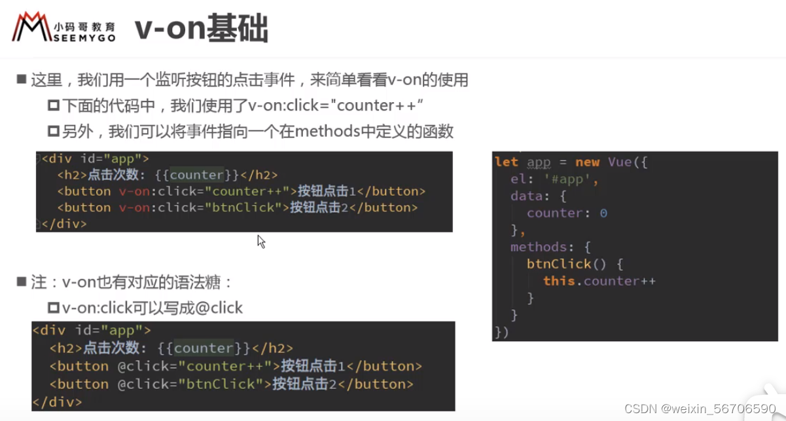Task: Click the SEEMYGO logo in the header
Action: [63, 27]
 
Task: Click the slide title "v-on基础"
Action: [201, 29]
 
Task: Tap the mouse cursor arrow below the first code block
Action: [260, 241]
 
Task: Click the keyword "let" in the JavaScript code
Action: [506, 162]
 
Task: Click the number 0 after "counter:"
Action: [603, 213]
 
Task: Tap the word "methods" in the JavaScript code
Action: [539, 247]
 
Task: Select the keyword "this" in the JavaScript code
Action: [559, 281]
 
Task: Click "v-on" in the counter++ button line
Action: [132, 191]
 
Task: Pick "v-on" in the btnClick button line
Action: [132, 208]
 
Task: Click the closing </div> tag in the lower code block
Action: [57, 401]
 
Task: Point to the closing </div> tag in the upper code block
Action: [63, 223]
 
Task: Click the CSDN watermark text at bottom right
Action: [700, 409]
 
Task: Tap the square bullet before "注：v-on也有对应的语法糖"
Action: [21, 282]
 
